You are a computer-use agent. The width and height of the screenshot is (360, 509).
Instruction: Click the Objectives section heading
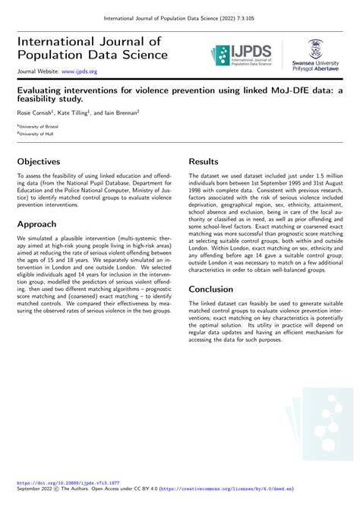[49, 163]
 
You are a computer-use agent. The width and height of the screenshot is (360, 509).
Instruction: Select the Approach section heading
[46, 224]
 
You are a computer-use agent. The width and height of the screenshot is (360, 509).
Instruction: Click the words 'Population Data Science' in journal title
[92, 55]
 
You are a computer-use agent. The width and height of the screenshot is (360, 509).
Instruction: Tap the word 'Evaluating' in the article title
[43, 89]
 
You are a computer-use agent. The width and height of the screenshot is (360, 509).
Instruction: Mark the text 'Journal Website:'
[38, 71]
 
